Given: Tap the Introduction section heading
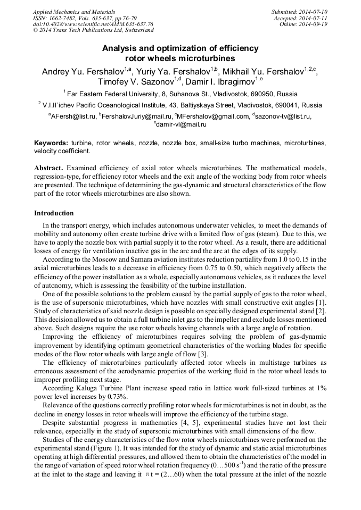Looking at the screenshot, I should tap(54, 213).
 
